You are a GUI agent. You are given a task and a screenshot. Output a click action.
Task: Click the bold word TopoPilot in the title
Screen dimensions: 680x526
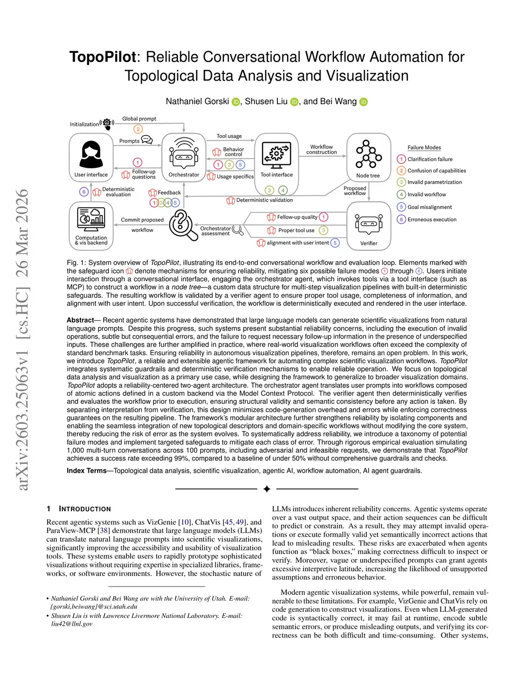point(103,57)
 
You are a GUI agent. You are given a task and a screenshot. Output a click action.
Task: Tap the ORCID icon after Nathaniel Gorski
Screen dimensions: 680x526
point(236,102)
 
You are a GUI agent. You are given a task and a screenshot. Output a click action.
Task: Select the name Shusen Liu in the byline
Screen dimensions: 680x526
point(266,101)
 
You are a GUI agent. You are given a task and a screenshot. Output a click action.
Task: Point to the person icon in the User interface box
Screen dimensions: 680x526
point(91,152)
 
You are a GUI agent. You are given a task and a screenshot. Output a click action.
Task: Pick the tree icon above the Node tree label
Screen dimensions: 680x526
point(368,153)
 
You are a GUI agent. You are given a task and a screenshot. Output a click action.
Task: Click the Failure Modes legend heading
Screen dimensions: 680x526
point(424,147)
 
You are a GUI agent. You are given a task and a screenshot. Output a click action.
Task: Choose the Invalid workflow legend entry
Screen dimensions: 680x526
point(426,195)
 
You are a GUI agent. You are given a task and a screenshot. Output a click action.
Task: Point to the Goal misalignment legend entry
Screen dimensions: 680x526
point(429,207)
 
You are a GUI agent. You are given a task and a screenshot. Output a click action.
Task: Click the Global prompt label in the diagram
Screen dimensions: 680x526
point(139,119)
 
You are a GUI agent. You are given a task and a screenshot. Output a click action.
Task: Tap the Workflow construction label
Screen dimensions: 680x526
point(322,149)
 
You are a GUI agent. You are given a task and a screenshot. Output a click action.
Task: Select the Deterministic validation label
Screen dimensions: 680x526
point(264,200)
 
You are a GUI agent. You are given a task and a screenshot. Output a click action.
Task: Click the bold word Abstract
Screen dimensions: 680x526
point(80,320)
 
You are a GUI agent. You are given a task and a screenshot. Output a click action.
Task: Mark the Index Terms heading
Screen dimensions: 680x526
point(86,471)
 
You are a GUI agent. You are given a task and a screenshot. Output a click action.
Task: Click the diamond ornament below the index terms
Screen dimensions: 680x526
point(267,489)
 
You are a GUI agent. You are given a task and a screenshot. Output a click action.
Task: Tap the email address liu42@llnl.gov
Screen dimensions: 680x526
point(72,624)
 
